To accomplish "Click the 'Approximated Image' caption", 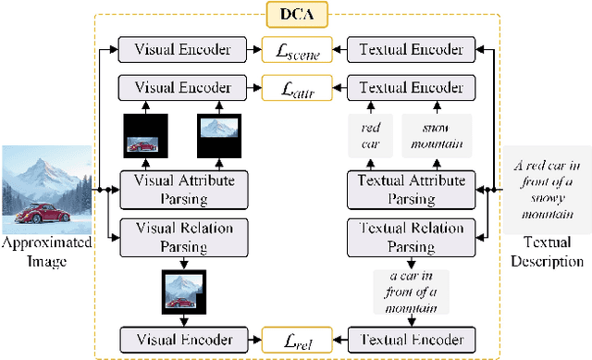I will [x=46, y=250].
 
